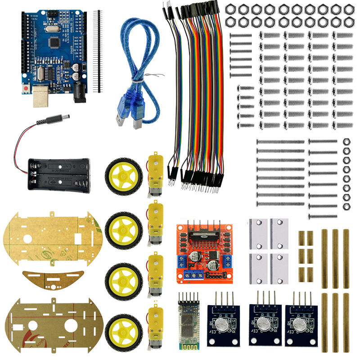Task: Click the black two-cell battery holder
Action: point(58,175)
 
